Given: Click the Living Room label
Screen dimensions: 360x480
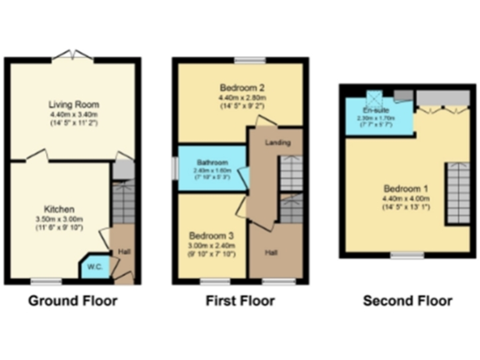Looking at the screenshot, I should [74, 104].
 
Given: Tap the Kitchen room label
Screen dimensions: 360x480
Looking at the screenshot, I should [59, 208].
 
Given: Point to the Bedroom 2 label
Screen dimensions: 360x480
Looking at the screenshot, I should [241, 87].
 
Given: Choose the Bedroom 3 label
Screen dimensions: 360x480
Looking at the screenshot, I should [211, 236].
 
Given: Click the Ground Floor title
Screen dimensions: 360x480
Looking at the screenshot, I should [72, 301].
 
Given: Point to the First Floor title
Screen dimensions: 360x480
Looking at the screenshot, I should [240, 301].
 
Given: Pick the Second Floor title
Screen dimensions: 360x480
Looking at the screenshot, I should [407, 301].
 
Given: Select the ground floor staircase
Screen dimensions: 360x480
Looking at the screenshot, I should [123, 202].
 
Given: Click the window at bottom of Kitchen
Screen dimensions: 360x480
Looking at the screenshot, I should [47, 281].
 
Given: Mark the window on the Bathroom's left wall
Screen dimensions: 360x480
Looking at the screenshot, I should [176, 168].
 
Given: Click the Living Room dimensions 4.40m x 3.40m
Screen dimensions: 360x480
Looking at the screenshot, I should [74, 115].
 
